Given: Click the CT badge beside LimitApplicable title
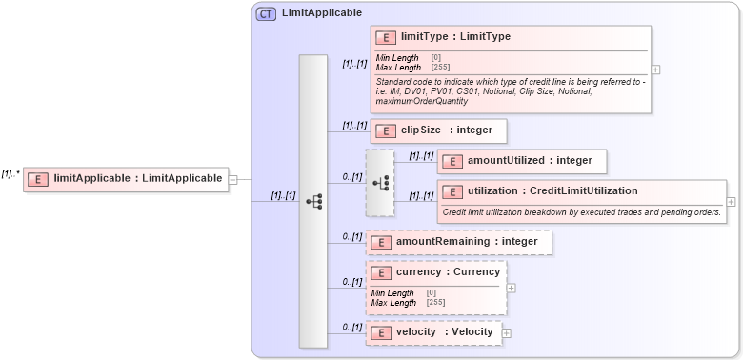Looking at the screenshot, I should click(267, 13).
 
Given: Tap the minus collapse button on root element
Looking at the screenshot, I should click(233, 178).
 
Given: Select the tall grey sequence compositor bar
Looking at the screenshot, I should click(313, 201).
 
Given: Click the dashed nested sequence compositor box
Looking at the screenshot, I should click(379, 182).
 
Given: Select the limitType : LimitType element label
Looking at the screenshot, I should click(455, 37).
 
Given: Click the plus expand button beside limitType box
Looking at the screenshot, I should click(656, 70).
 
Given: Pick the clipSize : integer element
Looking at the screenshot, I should click(438, 130).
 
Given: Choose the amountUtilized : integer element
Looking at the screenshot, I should click(521, 161).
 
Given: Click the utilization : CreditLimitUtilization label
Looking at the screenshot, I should click(552, 190).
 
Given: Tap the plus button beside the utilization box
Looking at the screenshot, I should click(731, 202).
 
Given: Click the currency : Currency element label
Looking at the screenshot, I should click(447, 272).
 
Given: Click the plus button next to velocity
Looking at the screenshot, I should click(507, 333).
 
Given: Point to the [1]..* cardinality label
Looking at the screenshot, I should click(10, 173).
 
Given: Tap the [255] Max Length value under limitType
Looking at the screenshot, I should click(440, 68).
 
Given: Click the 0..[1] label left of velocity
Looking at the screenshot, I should click(351, 327).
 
